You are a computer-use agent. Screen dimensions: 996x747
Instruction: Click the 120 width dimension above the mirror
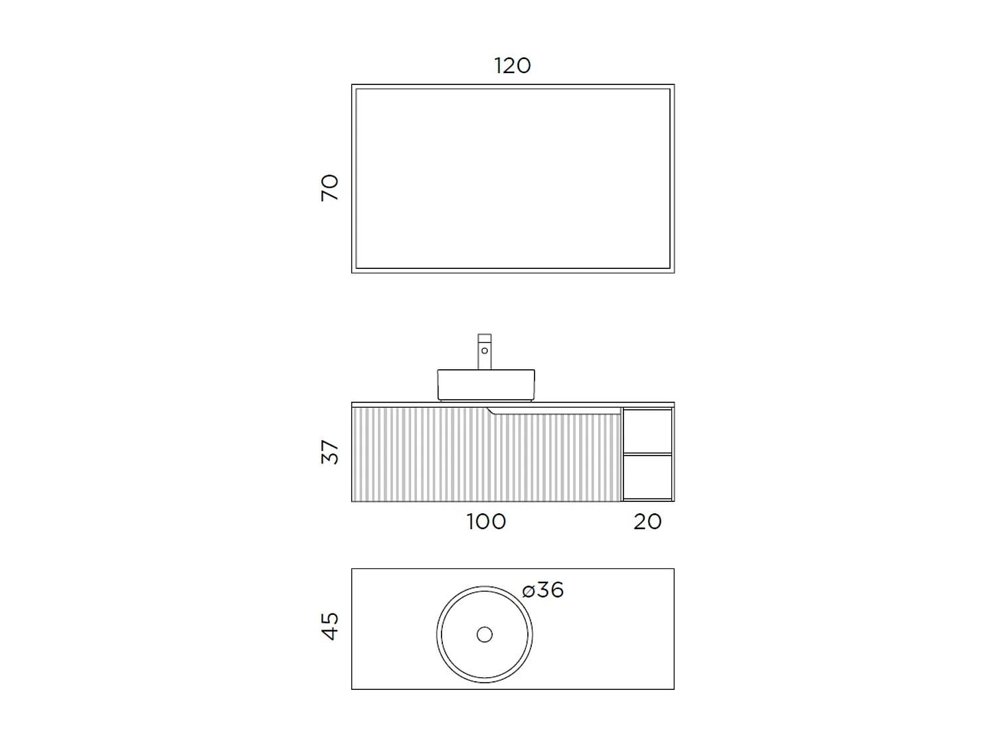point(513,66)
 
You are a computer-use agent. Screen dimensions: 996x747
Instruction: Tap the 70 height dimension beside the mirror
point(329,188)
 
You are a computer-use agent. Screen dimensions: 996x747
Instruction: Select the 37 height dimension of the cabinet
point(329,452)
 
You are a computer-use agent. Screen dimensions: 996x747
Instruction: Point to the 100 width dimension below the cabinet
point(486,522)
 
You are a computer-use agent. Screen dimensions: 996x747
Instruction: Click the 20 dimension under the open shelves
point(647,522)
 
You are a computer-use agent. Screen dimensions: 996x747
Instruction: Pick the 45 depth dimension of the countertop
point(329,626)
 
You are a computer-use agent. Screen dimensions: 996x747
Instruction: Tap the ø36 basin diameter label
point(542,590)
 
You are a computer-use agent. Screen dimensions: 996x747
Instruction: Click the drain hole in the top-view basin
point(485,635)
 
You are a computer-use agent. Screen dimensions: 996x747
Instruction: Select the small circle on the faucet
point(485,351)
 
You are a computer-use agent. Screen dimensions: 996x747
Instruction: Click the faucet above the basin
point(485,352)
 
